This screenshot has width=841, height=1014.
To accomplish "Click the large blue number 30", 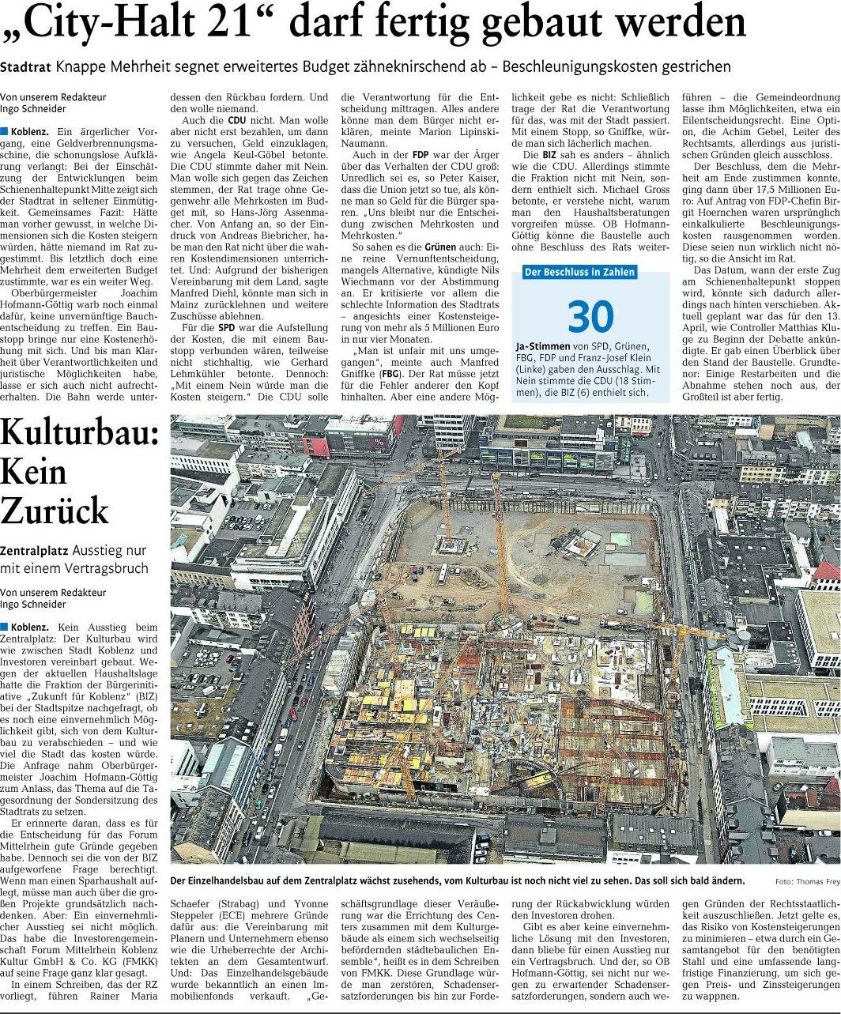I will [590, 316].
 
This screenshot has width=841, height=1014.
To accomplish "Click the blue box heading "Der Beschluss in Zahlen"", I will [579, 273].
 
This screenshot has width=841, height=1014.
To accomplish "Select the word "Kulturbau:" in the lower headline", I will [80, 435].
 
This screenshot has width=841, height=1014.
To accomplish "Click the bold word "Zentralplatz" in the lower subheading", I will [34, 550].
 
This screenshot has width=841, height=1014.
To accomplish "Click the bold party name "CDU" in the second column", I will [236, 121].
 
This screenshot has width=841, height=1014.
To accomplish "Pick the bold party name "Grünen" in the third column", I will [440, 247].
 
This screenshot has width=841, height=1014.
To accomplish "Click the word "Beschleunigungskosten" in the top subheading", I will [564, 67].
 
